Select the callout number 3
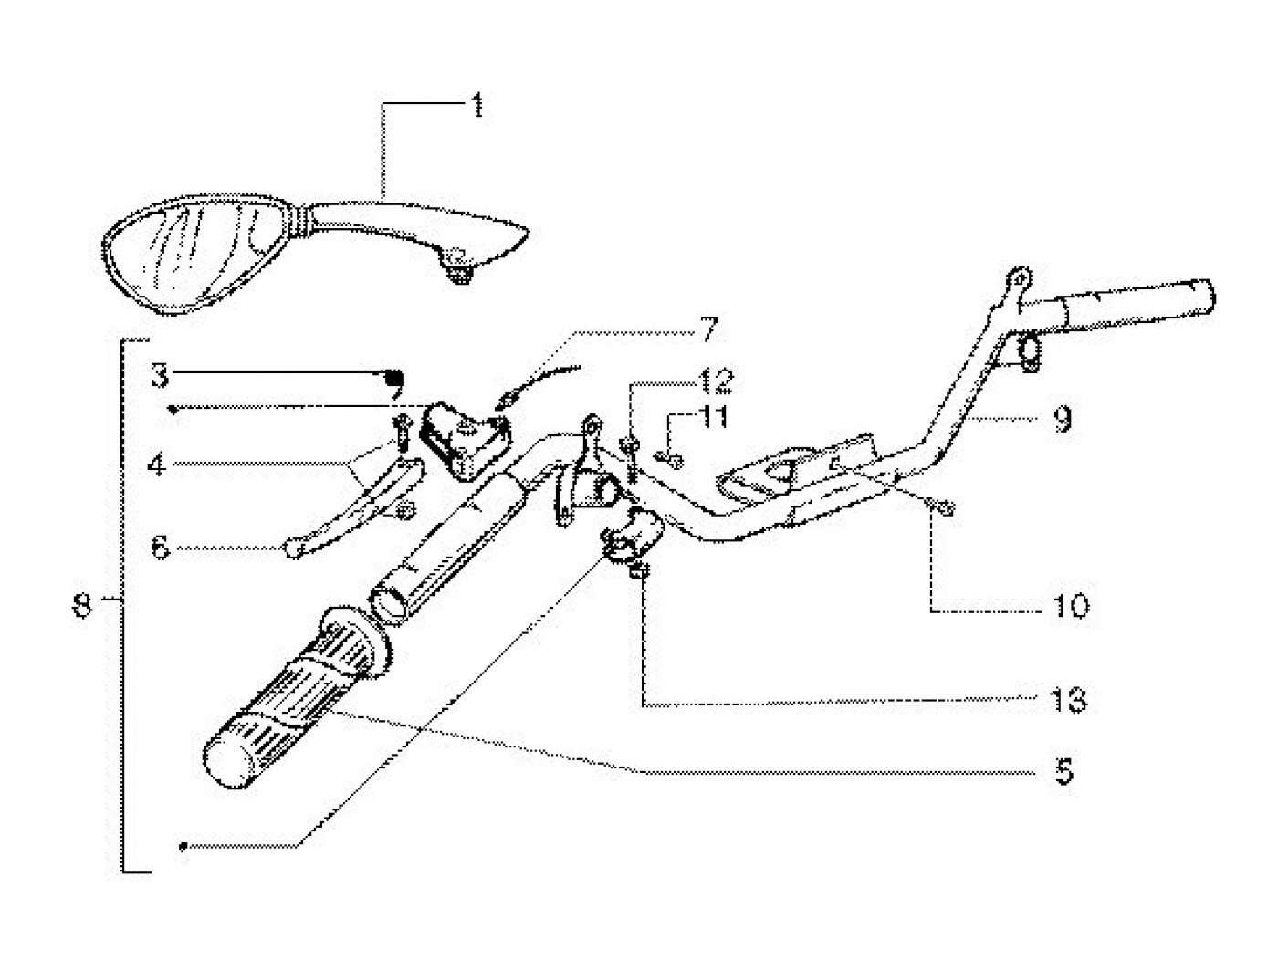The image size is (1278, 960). coord(161,374)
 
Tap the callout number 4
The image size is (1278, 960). coord(159,464)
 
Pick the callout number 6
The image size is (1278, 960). coord(161,548)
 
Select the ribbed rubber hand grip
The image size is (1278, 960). coord(292,694)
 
